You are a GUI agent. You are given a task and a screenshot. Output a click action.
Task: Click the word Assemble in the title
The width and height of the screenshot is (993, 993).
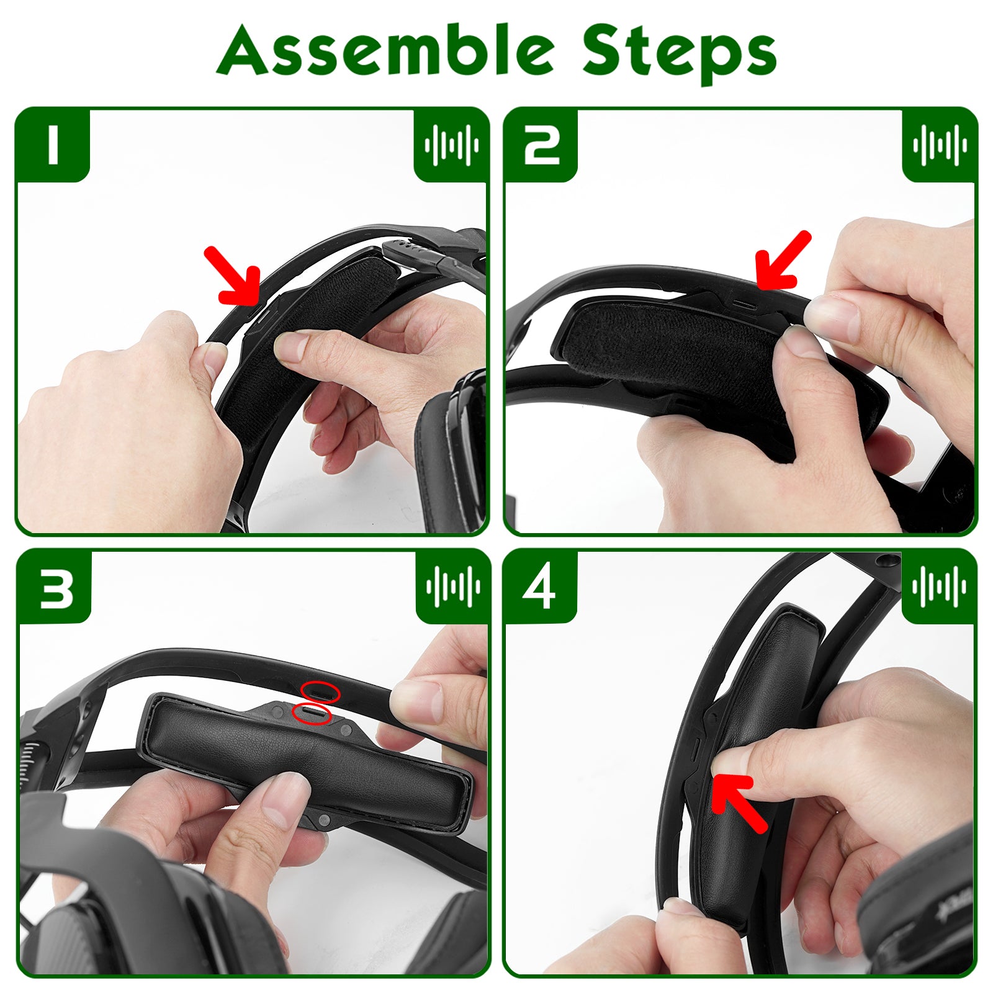(385, 51)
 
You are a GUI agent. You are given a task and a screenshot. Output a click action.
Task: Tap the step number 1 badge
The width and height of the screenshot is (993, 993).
(53, 145)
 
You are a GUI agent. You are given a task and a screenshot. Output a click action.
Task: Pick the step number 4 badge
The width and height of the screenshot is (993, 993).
(540, 586)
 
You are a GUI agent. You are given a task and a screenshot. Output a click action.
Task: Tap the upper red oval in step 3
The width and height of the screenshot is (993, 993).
(320, 691)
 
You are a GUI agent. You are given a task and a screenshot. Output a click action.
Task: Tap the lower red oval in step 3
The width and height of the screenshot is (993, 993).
(312, 714)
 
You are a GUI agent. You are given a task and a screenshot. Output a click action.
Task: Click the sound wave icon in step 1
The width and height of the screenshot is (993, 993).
(452, 145)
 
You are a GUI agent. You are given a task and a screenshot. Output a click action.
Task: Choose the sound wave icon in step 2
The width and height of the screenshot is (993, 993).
(940, 145)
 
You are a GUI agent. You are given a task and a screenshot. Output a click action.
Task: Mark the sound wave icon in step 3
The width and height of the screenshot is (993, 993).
(453, 586)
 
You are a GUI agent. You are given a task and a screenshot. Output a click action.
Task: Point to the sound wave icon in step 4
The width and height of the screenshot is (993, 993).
(939, 586)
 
